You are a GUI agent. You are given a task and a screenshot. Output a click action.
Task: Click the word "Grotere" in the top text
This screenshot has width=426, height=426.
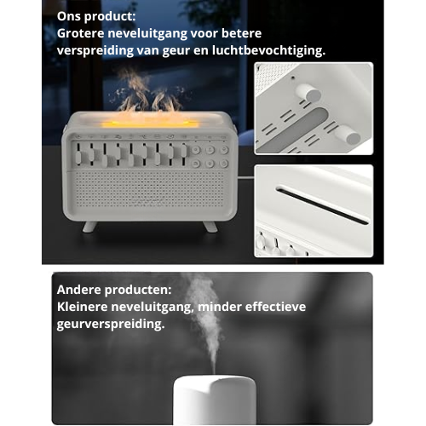pos(80,33)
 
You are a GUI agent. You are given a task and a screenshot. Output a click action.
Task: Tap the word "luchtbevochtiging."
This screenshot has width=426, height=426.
pos(268,50)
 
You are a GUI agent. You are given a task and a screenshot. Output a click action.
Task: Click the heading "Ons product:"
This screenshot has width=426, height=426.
pos(96,16)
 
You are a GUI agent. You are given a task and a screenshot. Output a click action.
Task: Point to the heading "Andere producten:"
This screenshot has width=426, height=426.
pos(114,290)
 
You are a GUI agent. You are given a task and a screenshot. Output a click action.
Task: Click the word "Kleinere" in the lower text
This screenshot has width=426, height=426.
pos(82,307)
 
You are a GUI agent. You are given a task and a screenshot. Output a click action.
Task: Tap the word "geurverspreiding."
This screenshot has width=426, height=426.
pos(111,324)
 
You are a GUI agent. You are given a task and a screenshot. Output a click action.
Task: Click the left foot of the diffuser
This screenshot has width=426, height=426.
pos(89,227)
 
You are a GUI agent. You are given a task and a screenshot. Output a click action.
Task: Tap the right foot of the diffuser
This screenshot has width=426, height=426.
pos(210,227)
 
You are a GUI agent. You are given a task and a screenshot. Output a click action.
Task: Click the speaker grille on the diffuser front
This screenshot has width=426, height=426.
pos(150,188)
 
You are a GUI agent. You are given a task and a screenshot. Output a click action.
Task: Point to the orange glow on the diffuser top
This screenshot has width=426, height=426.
pos(150,124)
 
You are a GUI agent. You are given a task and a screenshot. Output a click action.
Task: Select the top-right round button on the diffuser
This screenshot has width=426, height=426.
pos(224,150)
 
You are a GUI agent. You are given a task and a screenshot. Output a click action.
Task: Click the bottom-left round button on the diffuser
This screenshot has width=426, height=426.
pos(195,164)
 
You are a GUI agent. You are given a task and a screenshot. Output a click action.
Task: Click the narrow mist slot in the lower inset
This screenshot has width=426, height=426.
pos(323,205)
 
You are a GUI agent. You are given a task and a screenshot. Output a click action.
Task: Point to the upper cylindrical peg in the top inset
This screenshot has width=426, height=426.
pos(308,93)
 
